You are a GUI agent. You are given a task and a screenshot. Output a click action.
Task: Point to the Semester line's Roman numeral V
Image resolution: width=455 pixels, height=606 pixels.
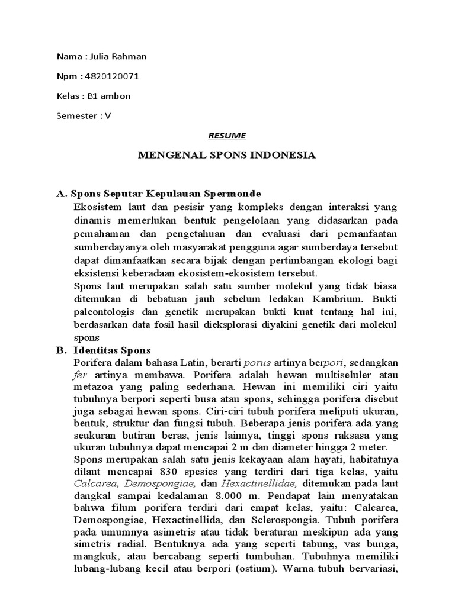[108, 115]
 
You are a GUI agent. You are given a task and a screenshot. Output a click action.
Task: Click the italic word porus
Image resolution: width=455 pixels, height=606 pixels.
[257, 363]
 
